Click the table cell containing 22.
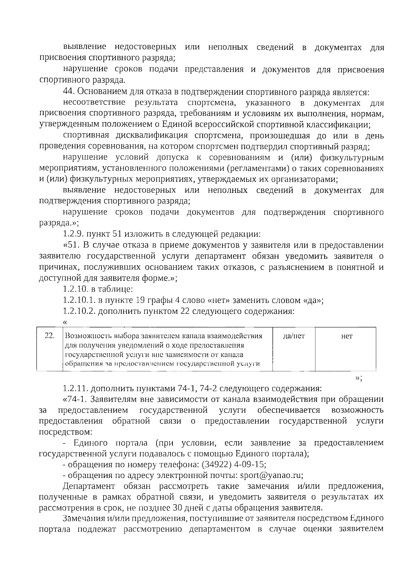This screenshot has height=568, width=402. (50, 336)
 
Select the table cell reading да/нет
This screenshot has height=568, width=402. (294, 336)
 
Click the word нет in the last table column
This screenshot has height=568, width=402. (346, 336)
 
